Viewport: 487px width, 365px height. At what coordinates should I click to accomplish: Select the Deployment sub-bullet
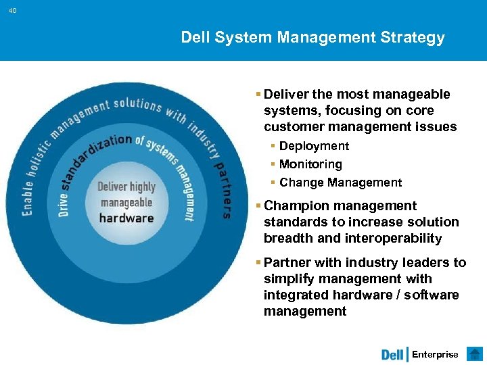tap(314, 146)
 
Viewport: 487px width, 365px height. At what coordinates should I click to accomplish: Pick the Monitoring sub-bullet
tap(310, 164)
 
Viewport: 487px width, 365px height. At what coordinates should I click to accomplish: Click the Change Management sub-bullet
tap(340, 182)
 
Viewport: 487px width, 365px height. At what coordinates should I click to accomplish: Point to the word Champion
tap(296, 205)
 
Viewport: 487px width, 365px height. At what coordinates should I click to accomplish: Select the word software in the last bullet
tap(435, 295)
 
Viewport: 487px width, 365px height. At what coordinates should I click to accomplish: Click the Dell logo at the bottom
tap(392, 355)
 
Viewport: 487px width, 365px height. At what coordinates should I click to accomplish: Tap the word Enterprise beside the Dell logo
tap(435, 355)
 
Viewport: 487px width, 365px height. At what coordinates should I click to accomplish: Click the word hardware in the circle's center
tap(126, 218)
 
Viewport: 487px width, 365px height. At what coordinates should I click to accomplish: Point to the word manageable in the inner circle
tap(126, 202)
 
